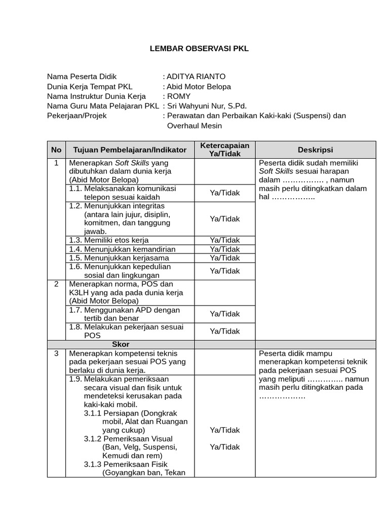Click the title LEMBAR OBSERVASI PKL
[200, 49]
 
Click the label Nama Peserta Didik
[82, 77]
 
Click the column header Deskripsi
[315, 150]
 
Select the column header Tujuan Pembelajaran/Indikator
[130, 150]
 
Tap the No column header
[56, 150]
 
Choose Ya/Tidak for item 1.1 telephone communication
[225, 193]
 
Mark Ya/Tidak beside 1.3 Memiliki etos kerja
[225, 240]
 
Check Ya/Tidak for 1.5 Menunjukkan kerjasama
[225, 257]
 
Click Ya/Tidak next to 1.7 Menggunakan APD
[225, 314]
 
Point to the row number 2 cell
[56, 284]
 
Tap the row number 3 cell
[56, 353]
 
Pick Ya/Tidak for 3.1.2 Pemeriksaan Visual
[225, 447]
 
